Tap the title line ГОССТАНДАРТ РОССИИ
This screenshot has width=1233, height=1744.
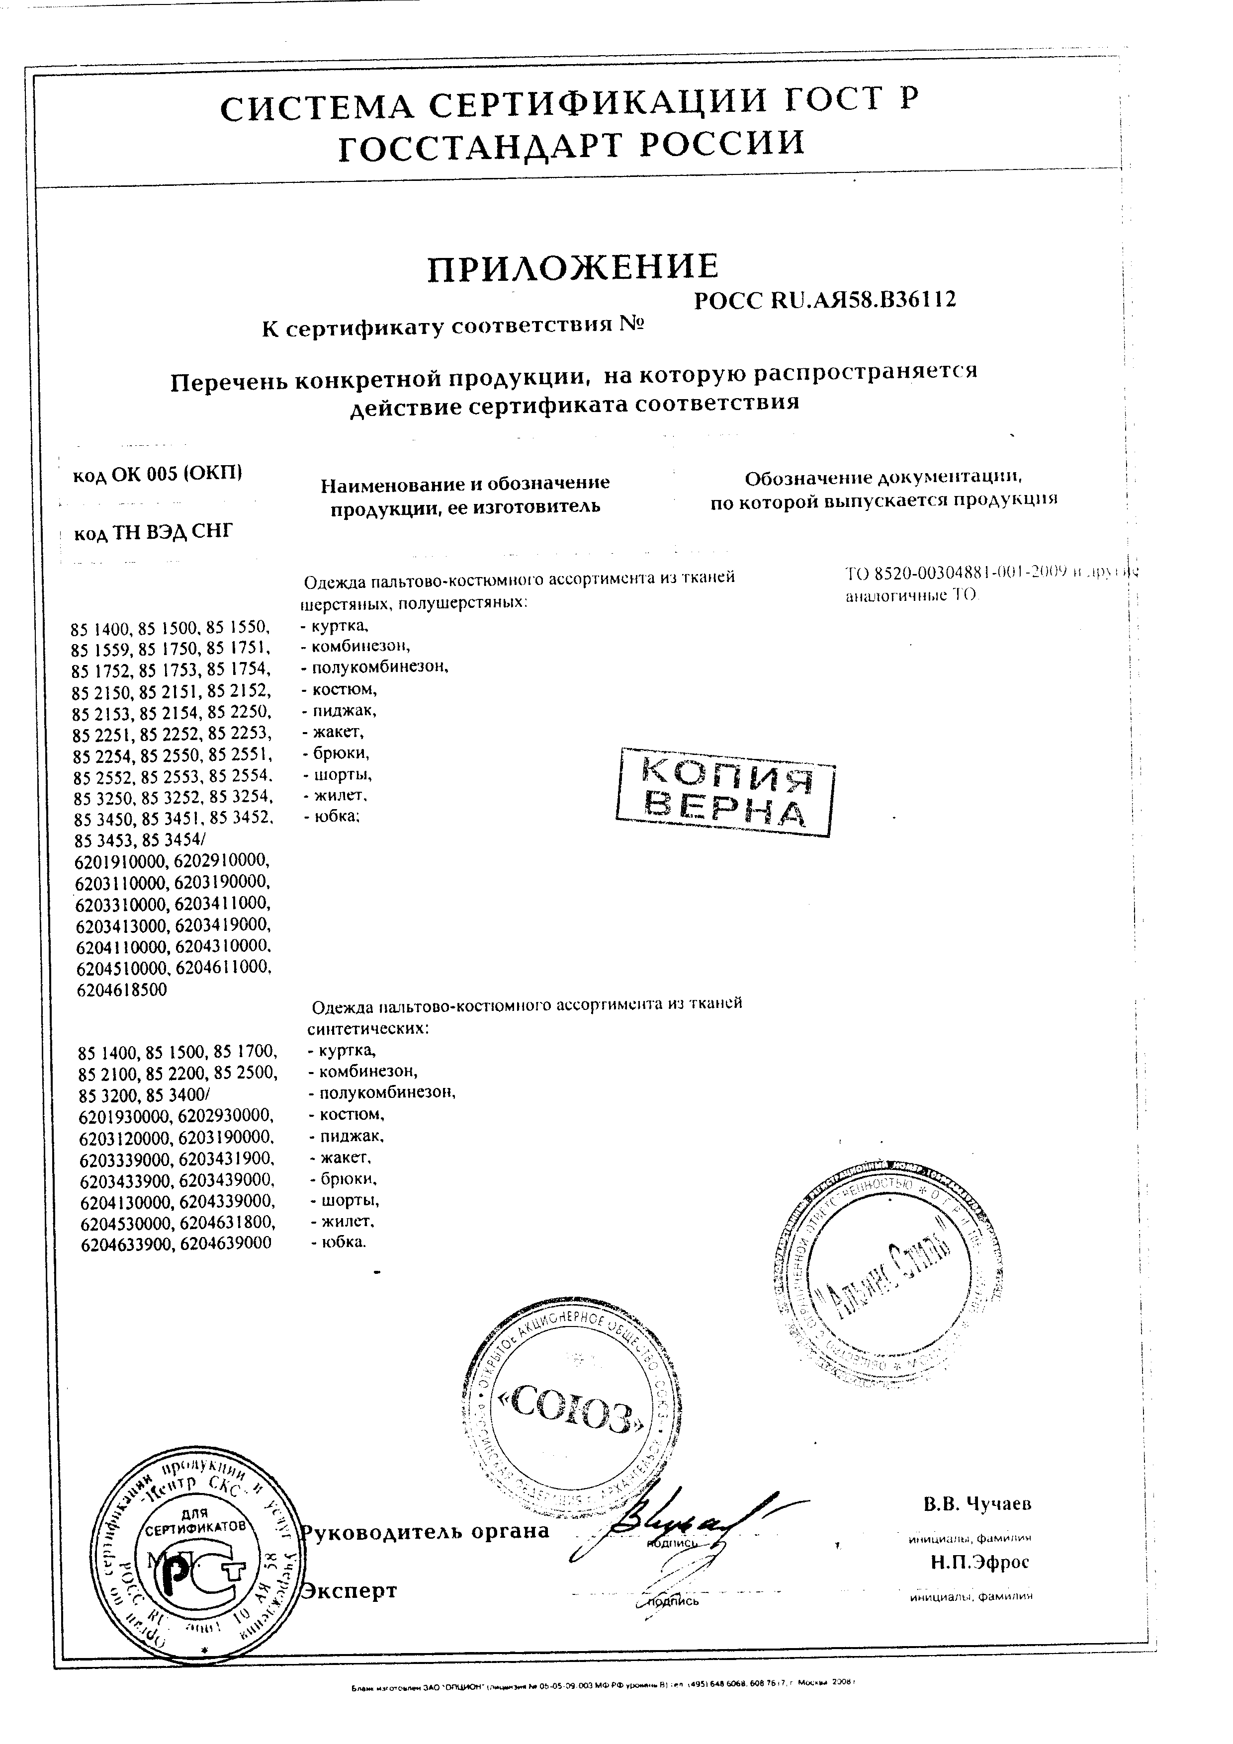point(571,144)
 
